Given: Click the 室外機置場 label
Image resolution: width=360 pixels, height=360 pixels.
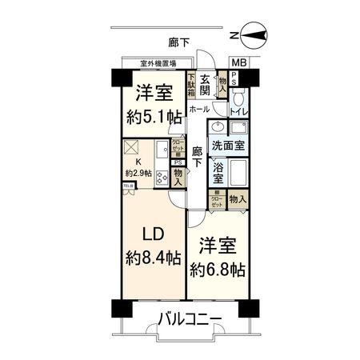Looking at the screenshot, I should coord(158,63).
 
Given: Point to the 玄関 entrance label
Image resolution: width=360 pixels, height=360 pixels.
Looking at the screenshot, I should coord(206,85).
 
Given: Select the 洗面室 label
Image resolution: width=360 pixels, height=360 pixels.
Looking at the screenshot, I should coord(229,147).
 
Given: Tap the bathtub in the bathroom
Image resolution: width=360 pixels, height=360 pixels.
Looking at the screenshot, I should coord(239,173).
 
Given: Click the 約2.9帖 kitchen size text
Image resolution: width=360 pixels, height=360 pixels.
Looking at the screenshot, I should coord(138,172).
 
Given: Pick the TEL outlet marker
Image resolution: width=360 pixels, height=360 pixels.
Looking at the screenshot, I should coord(127,186).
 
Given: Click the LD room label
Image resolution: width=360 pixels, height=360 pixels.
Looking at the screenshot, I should coord(154,234).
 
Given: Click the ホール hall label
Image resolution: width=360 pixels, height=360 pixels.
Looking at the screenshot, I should coord(200,109).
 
